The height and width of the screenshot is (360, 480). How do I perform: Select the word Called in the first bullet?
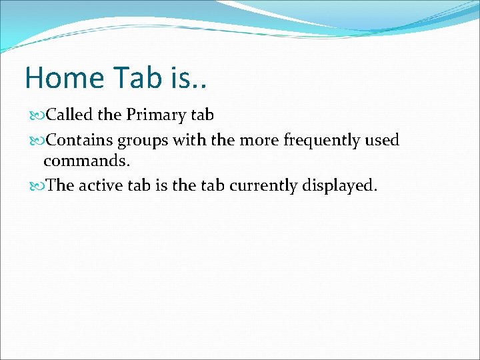(71, 115)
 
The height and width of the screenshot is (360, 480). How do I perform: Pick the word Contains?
(80, 140)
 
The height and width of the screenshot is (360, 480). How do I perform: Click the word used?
(381, 140)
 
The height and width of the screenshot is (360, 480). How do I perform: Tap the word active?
(99, 185)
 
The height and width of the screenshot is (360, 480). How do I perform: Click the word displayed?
(337, 186)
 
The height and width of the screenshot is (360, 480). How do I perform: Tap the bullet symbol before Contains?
(36, 141)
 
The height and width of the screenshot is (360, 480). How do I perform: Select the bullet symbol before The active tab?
(36, 186)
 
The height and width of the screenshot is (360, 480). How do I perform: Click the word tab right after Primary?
(201, 115)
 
